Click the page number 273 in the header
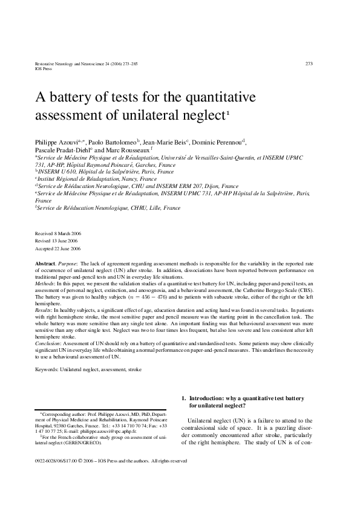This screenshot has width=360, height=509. coord(309,63)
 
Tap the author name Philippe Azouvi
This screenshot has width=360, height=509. coord(59,141)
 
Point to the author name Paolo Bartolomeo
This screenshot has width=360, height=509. coord(116,141)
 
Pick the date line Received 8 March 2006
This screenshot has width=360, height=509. coord(58,233)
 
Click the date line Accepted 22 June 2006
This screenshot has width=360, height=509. coord(58,248)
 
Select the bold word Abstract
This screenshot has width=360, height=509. coord(46,265)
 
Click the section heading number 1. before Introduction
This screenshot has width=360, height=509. coord(185,398)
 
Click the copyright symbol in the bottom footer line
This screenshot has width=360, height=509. coord(81,461)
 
